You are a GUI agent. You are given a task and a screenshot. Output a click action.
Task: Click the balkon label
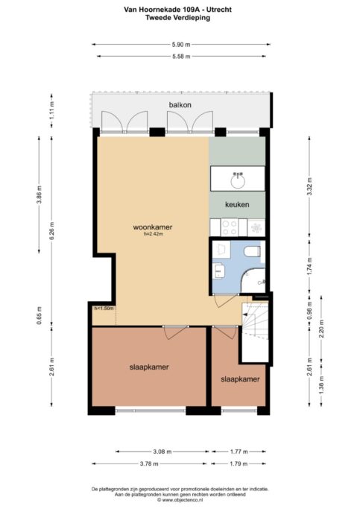[x=180, y=105]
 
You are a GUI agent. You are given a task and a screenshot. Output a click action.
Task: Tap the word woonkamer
[x=153, y=227]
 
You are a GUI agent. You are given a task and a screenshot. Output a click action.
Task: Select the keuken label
[x=237, y=204]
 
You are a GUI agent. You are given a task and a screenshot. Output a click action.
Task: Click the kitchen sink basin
[x=238, y=181]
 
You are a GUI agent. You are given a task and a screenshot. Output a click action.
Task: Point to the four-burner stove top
[x=229, y=227]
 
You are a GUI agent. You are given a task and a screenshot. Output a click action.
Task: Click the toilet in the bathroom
[x=252, y=252]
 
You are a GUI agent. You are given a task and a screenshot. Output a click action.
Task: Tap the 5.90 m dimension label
[x=181, y=45]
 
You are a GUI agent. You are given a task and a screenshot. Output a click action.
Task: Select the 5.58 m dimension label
[x=181, y=57]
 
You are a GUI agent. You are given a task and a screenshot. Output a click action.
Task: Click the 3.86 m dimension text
[x=40, y=195]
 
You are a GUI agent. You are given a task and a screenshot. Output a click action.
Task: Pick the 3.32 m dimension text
[x=309, y=186]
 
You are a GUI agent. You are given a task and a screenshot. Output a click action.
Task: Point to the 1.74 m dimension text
[x=309, y=266]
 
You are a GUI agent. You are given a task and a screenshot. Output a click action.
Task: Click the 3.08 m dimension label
[x=162, y=452]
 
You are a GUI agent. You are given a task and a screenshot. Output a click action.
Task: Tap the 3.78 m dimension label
[x=149, y=464]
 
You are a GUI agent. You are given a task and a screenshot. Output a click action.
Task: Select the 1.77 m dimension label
[x=239, y=452]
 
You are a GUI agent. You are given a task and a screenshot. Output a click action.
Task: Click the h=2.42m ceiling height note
[x=154, y=233]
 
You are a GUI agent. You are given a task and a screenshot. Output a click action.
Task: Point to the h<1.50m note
[x=104, y=309]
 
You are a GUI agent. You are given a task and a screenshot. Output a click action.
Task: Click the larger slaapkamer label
[x=149, y=367]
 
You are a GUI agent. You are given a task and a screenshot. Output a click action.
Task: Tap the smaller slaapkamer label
[x=240, y=379]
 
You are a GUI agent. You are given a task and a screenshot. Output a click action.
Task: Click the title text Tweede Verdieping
[x=177, y=18]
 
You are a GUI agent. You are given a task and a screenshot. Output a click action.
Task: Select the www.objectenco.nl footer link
[x=182, y=500]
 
